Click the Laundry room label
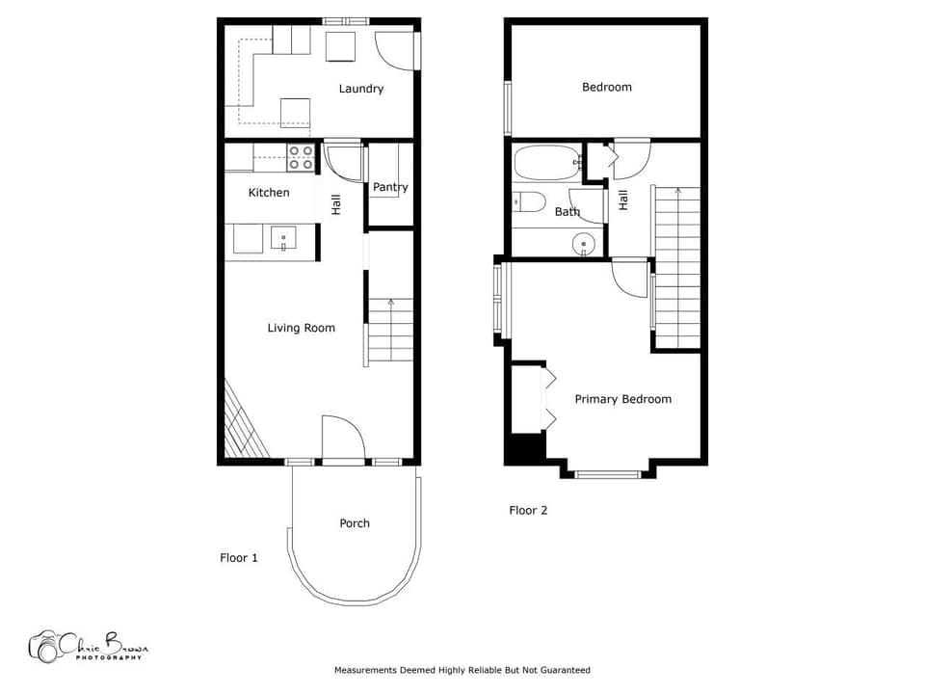361,89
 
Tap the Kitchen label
269,193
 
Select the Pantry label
390,187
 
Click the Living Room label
302,328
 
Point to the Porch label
355,523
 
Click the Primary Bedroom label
622,399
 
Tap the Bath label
568,211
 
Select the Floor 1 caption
239,557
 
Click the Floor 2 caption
528,510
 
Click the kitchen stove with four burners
301,157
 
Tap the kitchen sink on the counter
284,237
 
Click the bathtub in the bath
546,162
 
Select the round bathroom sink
585,245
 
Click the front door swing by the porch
342,440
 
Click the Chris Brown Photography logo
88,646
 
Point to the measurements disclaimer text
462,670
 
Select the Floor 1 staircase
390,330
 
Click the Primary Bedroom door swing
630,279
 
